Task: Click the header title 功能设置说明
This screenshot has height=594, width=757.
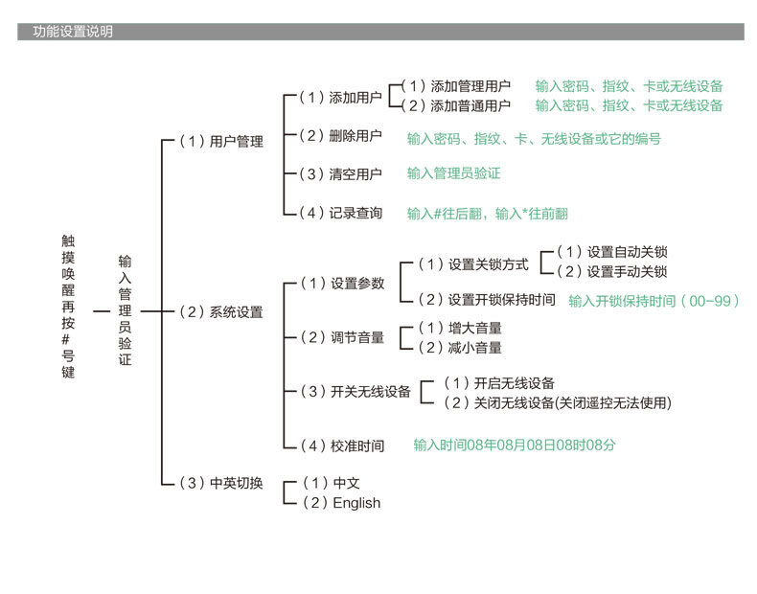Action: point(73,32)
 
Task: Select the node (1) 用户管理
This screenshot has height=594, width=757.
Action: point(221,142)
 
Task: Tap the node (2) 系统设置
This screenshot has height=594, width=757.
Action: point(221,312)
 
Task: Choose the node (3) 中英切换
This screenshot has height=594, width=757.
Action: point(221,483)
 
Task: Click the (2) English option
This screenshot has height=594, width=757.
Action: point(341,503)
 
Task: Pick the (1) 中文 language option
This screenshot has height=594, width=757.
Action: point(332,483)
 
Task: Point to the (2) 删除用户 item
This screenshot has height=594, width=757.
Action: point(340,136)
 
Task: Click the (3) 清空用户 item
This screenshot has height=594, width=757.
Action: point(340,174)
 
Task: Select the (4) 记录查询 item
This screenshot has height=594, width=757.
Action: point(340,213)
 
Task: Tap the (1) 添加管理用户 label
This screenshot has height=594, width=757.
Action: point(456,86)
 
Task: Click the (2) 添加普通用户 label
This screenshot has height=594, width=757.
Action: point(456,105)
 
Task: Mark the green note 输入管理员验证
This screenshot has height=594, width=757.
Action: point(454,173)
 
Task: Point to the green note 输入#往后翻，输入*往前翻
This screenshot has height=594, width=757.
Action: point(488,214)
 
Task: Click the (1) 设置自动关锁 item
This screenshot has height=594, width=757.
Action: point(612,252)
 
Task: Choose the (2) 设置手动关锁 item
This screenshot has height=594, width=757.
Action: point(612,272)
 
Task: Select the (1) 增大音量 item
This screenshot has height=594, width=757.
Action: point(460,328)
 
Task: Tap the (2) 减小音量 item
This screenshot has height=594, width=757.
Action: point(460,348)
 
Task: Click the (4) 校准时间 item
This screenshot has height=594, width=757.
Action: point(342,445)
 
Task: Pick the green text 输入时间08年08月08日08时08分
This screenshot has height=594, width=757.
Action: point(515,445)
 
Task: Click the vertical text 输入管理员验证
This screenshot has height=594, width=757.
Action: point(125,310)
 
